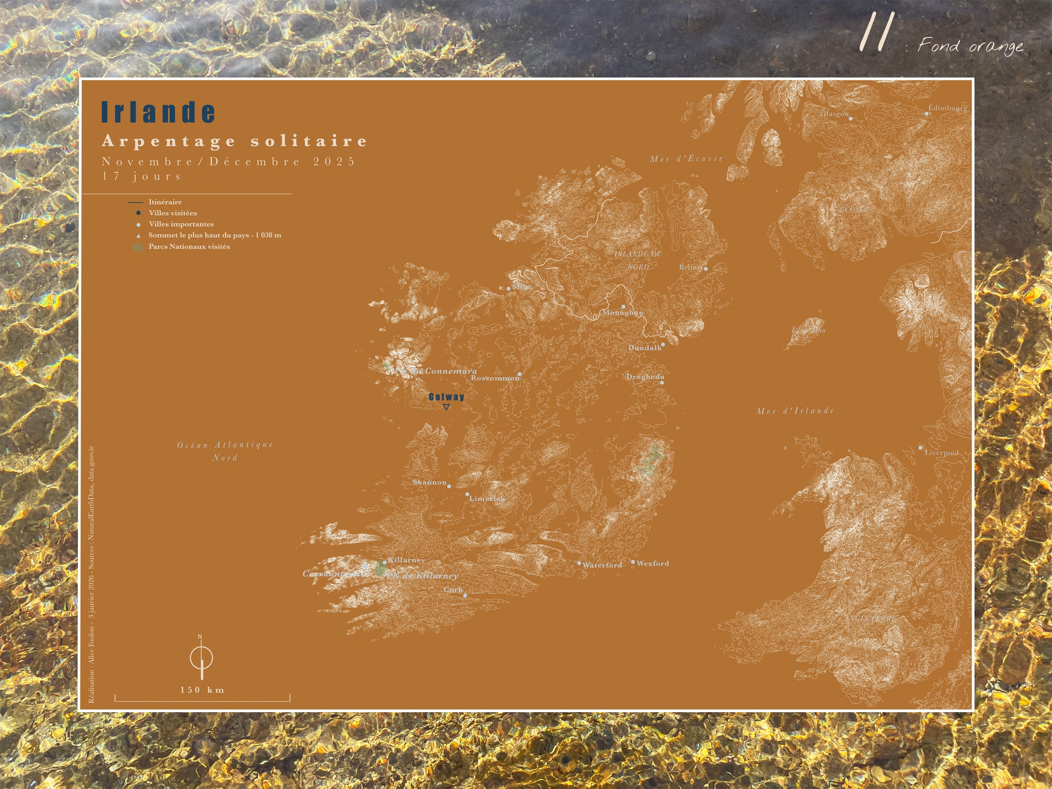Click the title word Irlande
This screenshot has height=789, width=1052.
pyautogui.click(x=158, y=112)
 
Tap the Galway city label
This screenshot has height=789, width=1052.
pyautogui.click(x=447, y=397)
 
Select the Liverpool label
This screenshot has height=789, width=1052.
pyautogui.click(x=941, y=453)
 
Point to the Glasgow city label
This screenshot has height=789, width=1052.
pyautogui.click(x=834, y=113)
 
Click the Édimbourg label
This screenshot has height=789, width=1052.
pyautogui.click(x=947, y=108)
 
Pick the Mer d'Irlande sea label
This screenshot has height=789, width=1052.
pyautogui.click(x=795, y=411)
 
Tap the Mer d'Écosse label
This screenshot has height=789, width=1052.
pyautogui.click(x=686, y=158)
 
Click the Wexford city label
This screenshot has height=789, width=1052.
pyautogui.click(x=652, y=563)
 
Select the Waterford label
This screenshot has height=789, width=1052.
pyautogui.click(x=602, y=565)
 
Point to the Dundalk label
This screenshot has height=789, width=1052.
pyautogui.click(x=644, y=347)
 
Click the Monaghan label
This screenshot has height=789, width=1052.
pyautogui.click(x=623, y=312)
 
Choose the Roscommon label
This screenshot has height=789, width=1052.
pyautogui.click(x=495, y=378)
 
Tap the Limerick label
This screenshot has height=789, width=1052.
pyautogui.click(x=487, y=498)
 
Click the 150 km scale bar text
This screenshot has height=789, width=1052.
pyautogui.click(x=202, y=690)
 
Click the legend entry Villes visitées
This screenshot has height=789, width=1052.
pyautogui.click(x=172, y=213)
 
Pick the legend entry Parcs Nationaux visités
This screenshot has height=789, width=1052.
pyautogui.click(x=189, y=246)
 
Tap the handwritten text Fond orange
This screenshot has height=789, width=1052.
pyautogui.click(x=970, y=46)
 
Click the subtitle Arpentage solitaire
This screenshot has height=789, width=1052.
pyautogui.click(x=235, y=141)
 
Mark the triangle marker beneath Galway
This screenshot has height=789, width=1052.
pyautogui.click(x=446, y=407)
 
